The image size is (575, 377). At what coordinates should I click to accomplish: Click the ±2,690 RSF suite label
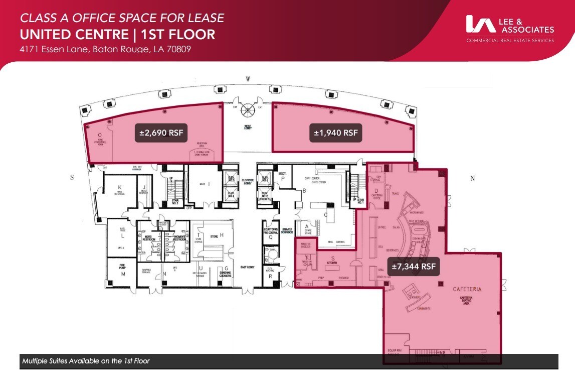tap(161, 133)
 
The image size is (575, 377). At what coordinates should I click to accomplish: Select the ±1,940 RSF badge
tap(336, 133)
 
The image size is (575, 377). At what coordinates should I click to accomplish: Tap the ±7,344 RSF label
tap(414, 267)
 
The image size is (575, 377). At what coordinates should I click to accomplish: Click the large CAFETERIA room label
tap(467, 289)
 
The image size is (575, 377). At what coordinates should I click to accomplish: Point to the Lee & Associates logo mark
tap(480, 24)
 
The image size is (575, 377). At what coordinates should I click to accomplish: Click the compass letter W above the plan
tap(248, 79)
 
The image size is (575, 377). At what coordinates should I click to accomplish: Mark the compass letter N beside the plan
tap(473, 178)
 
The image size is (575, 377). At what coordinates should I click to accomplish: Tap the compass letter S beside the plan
tap(72, 178)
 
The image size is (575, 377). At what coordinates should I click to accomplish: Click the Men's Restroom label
tap(148, 238)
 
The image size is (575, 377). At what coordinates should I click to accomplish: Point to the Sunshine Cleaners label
tap(227, 273)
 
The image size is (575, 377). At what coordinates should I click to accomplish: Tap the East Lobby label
tap(248, 267)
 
